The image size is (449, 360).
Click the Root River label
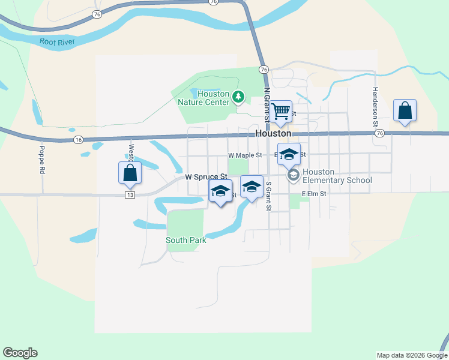pos(59,42)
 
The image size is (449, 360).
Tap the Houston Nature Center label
pos(204,98)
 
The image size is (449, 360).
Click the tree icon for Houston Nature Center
pos(238,96)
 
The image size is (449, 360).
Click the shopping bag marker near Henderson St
pos(405,110)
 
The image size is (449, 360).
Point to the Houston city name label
pos(273,133)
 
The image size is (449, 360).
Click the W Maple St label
pos(246,155)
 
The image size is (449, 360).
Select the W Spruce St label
pos(206,177)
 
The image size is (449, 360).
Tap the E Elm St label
pos(314,194)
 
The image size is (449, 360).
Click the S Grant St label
pos(269,197)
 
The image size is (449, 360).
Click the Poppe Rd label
pos(43,160)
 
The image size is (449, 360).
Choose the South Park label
pos(186,240)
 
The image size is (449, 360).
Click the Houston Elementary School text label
pos(337,176)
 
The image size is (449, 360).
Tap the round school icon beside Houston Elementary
pos(294,175)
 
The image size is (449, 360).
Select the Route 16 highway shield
pos(78,139)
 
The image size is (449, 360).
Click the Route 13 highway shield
pos(130,195)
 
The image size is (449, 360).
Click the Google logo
pos(20,353)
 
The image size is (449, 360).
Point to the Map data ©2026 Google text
pos(411,355)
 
